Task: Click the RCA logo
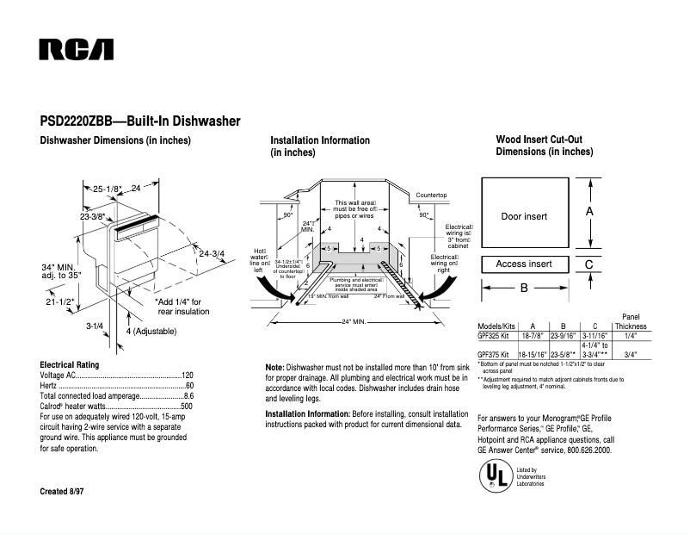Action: pyautogui.click(x=76, y=50)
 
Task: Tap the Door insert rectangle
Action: pyautogui.click(x=524, y=216)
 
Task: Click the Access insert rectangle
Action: pyautogui.click(x=524, y=264)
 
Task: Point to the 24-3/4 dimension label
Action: pyautogui.click(x=212, y=253)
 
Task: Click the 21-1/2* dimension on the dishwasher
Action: pyautogui.click(x=59, y=302)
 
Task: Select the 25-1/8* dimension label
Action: pyautogui.click(x=108, y=188)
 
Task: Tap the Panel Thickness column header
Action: pyautogui.click(x=631, y=322)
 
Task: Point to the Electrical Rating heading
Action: pyautogui.click(x=74, y=364)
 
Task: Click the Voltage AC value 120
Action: pyautogui.click(x=187, y=376)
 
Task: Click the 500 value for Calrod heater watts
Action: pyautogui.click(x=187, y=405)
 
